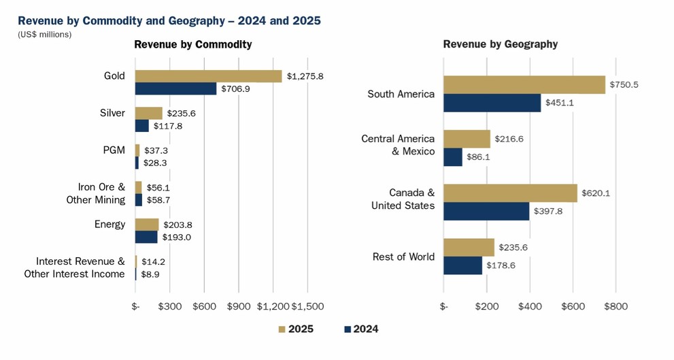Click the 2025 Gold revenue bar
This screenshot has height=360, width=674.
pos(208,76)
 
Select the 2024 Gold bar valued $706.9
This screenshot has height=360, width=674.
pos(175,88)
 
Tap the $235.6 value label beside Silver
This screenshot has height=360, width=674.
pos(181,114)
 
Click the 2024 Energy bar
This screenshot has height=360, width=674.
pos(146,237)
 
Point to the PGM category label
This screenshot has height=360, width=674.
pos(114,150)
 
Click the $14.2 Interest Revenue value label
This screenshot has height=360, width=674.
pos(153,261)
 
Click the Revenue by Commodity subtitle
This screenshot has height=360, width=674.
pos(192,45)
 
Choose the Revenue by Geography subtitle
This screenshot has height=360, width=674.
pos(500,45)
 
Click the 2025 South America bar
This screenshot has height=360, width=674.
pos(524,84)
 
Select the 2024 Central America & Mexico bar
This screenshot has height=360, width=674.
pos(452,157)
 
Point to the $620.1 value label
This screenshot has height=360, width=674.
pos(596,193)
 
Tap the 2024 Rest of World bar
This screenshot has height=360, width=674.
pos(462,265)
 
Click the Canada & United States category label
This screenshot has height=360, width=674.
pos(403,199)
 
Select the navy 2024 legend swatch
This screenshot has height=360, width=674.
pos(347,329)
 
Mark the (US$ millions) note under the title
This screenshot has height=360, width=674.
pos(44,35)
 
